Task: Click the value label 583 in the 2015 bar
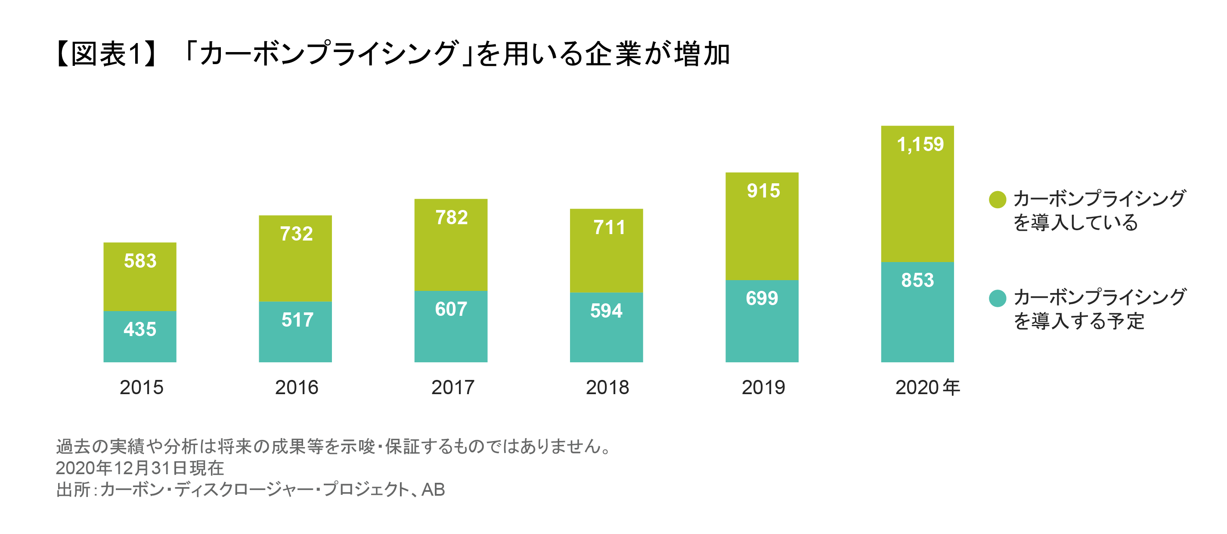(x=140, y=261)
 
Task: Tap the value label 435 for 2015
(x=140, y=329)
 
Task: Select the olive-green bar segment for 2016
(x=295, y=266)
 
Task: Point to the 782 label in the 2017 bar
(x=452, y=217)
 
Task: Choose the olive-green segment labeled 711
(x=606, y=257)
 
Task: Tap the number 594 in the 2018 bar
(x=606, y=311)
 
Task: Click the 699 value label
(x=762, y=299)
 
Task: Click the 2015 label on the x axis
(x=142, y=387)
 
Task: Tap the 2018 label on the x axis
(x=607, y=387)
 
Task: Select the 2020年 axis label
(x=927, y=387)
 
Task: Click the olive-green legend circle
(x=998, y=199)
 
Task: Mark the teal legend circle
(x=998, y=299)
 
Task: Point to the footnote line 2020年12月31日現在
(x=139, y=468)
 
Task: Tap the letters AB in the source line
(x=433, y=489)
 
